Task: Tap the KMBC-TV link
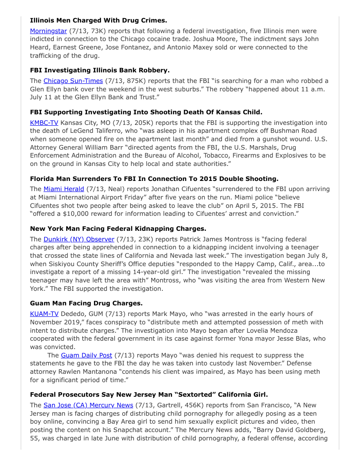coord(44,123)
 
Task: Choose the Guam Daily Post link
coord(86,355)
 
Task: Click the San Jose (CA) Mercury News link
coord(88,405)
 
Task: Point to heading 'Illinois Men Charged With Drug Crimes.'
coord(98,20)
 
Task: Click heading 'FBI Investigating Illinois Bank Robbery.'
coord(100,70)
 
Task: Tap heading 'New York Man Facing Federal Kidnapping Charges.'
coord(118,229)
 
